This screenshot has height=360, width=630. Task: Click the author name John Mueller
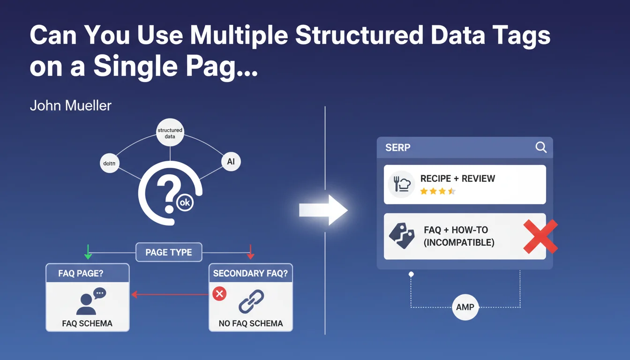tap(71, 105)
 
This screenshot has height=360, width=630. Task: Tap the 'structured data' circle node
tap(170, 133)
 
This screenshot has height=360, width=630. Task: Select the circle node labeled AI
tap(231, 162)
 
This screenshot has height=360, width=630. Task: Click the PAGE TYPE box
tap(169, 252)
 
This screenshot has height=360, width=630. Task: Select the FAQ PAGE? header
tap(87, 273)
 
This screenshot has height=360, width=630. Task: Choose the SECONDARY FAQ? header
tap(250, 273)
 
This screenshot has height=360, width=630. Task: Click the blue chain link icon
tap(251, 301)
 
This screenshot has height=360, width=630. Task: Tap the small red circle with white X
tap(219, 294)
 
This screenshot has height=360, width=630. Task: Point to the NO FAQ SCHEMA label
tap(251, 323)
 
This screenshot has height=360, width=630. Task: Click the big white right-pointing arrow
tap(323, 211)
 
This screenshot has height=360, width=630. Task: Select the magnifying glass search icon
tap(541, 148)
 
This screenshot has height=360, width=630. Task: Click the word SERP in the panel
tap(397, 148)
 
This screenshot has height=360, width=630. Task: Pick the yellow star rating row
tap(437, 191)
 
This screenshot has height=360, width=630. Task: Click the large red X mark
tap(540, 236)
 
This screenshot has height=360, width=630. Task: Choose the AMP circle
tap(465, 307)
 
